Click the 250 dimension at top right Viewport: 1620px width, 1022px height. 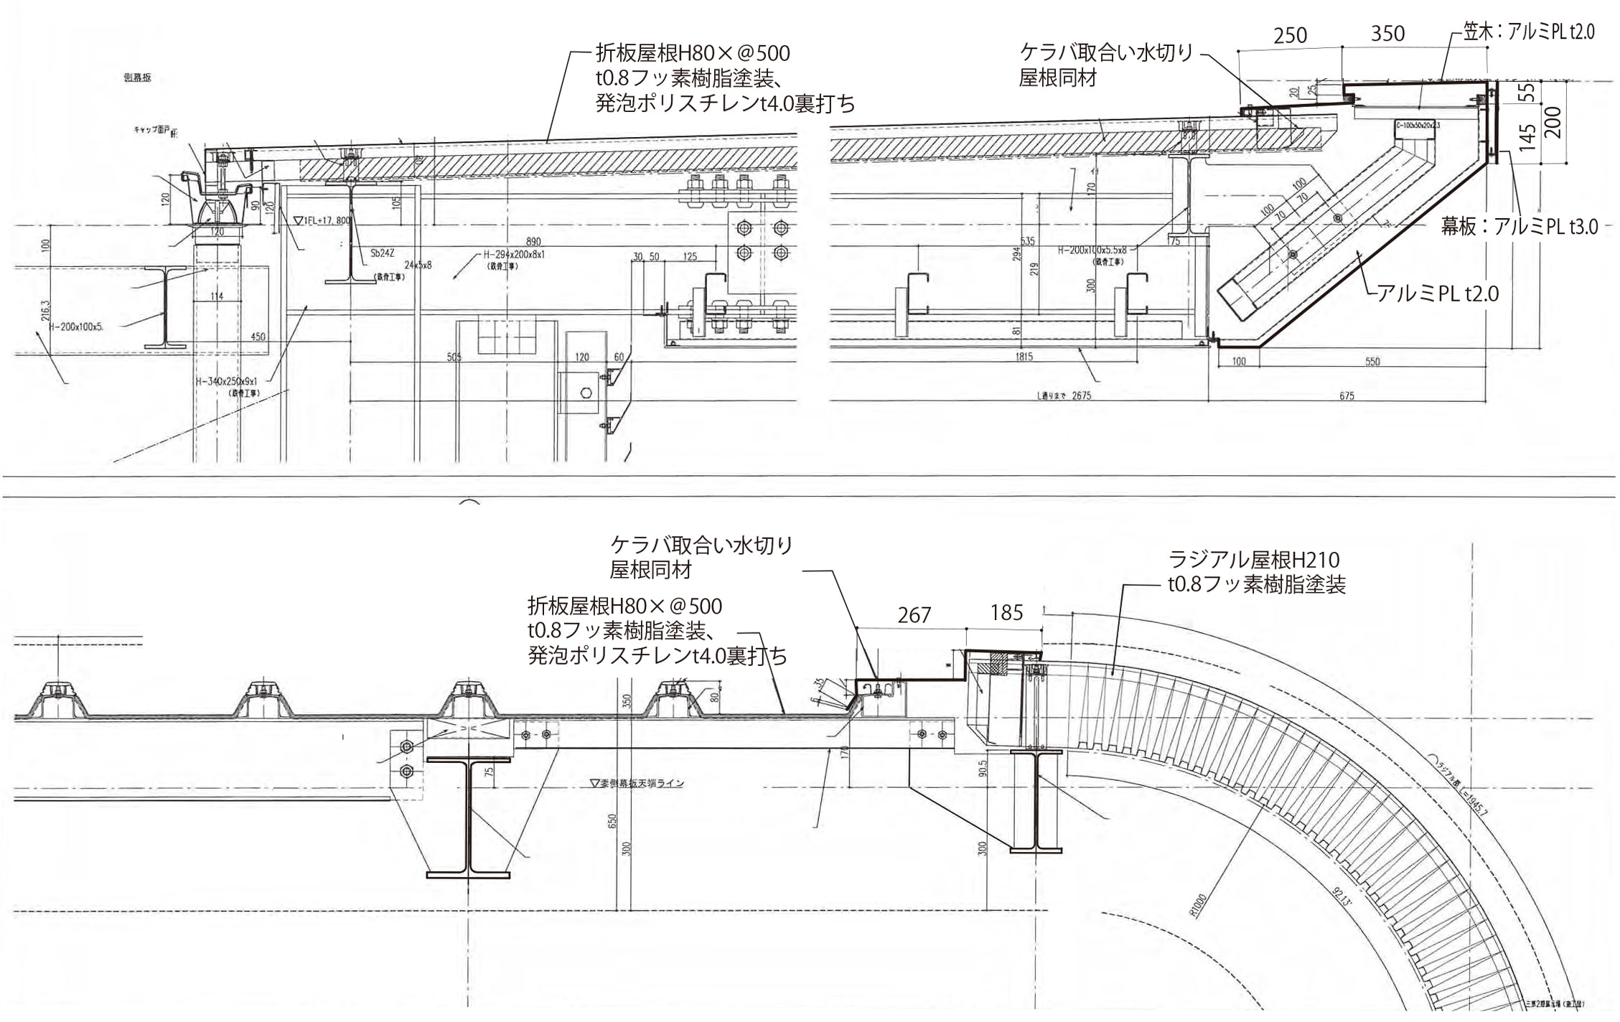coord(1290,35)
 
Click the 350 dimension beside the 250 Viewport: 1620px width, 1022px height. coord(1387,34)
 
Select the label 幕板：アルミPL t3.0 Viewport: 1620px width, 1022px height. coord(1520,227)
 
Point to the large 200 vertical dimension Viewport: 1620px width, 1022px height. coord(1552,123)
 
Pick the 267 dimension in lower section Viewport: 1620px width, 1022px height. coord(914,614)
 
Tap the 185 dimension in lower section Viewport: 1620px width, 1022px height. coord(1006,612)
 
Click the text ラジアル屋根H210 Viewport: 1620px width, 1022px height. coord(1254,559)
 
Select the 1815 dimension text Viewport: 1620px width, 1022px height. coord(1024,357)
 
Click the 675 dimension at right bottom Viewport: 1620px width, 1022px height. coord(1347,395)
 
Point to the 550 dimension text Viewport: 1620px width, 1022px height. coord(1372,362)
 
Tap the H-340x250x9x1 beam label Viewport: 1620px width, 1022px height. coord(226,383)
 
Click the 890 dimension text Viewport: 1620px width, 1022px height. coord(533,242)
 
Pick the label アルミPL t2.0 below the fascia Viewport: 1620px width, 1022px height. coord(1436,293)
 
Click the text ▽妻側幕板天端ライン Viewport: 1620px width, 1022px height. coord(635,783)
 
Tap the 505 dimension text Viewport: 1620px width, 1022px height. coord(454,357)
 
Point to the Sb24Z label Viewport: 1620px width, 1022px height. coord(382,253)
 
